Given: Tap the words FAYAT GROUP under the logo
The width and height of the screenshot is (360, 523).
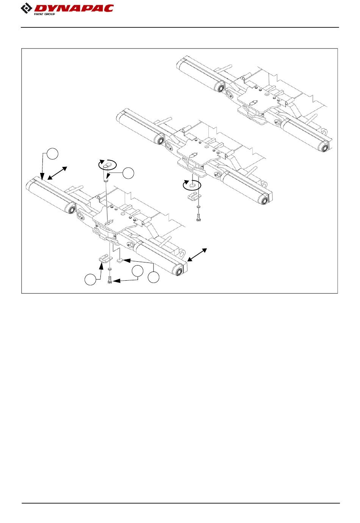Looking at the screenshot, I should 44,14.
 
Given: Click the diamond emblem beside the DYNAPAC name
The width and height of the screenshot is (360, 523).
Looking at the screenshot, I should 27,8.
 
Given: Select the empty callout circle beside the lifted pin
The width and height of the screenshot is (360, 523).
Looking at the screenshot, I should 129,173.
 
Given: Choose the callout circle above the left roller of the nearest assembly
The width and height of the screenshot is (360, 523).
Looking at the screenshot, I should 53,153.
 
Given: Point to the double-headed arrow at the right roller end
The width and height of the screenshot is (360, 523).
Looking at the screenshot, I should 197,254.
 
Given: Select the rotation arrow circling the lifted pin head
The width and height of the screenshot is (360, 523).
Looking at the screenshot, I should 108,165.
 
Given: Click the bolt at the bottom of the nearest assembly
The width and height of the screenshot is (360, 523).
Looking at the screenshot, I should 110,281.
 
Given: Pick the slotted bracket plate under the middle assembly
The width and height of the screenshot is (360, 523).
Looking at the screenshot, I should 194,196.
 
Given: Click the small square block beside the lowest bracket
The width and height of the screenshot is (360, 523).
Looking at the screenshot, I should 119,261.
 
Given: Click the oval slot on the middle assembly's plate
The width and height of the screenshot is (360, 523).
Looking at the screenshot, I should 193,154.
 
